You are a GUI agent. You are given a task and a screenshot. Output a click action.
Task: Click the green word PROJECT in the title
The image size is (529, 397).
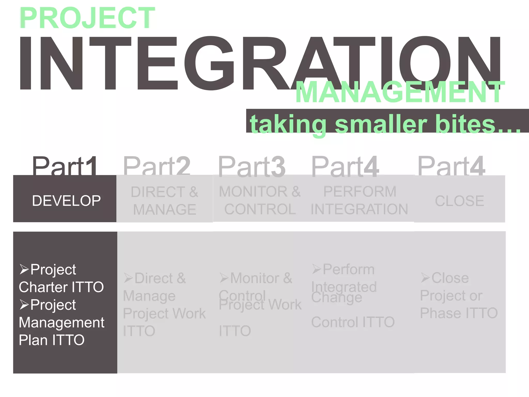(87, 18)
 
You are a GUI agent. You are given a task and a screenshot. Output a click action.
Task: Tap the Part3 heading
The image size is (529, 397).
(252, 167)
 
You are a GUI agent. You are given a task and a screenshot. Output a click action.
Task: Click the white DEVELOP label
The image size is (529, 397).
(66, 201)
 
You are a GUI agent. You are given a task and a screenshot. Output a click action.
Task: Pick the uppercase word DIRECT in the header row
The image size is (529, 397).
(158, 192)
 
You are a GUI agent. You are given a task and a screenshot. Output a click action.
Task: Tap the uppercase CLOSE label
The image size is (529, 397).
(460, 201)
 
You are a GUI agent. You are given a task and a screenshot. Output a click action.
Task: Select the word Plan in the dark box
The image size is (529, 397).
(33, 340)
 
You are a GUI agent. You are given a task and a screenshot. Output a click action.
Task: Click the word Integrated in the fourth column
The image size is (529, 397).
(344, 287)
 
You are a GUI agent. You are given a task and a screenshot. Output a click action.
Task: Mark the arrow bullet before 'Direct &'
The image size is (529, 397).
(128, 278)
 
